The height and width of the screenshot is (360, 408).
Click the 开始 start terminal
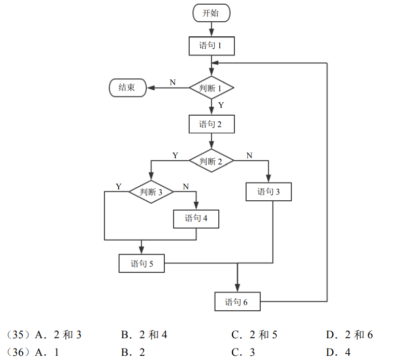pyautogui.click(x=211, y=13)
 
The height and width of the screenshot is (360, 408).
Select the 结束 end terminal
pyautogui.click(x=128, y=88)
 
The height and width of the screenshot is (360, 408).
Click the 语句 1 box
pyautogui.click(x=211, y=46)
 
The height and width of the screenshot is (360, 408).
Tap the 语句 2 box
pyautogui.click(x=211, y=124)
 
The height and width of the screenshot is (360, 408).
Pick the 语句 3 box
pyautogui.click(x=269, y=192)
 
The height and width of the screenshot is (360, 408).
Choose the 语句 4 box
pyautogui.click(x=196, y=218)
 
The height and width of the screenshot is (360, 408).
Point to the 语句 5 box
pyautogui.click(x=142, y=264)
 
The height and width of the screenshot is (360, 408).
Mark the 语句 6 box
pyautogui.click(x=237, y=302)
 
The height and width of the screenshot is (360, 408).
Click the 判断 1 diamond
pyautogui.click(x=211, y=88)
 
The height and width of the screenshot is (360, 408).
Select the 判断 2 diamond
pyautogui.click(x=211, y=161)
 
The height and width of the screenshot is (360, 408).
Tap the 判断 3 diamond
pyautogui.click(x=151, y=192)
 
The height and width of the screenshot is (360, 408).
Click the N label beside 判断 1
pyautogui.click(x=173, y=82)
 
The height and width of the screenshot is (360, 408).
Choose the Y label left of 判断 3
pyautogui.click(x=119, y=186)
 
